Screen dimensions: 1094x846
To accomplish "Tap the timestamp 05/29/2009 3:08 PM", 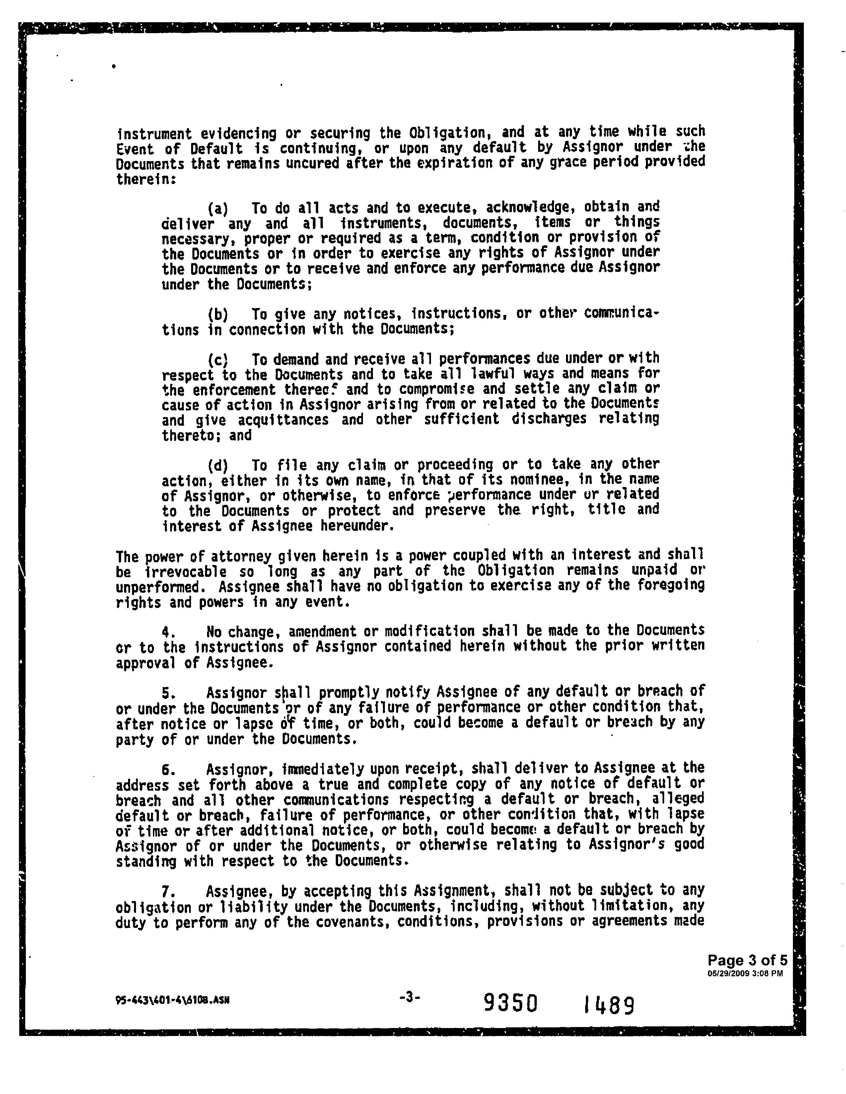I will coord(745,974).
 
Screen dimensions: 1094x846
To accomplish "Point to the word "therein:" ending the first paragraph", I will coord(146,179).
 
